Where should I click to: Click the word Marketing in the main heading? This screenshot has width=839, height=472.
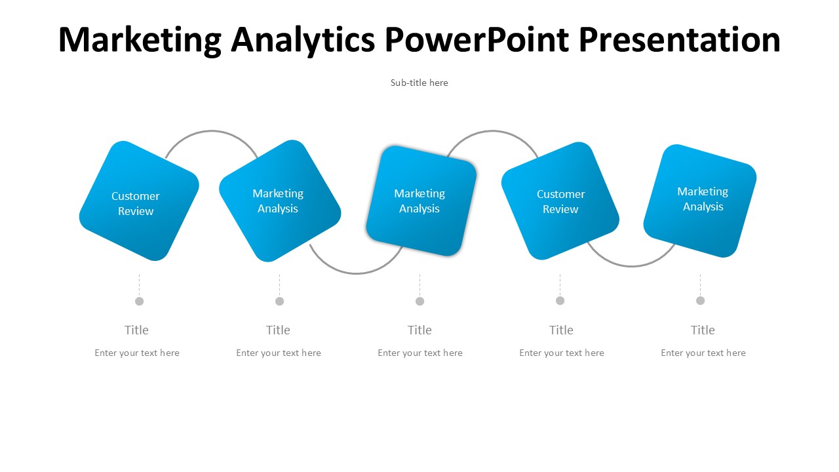coord(140,41)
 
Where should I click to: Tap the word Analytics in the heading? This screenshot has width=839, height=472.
coord(303,41)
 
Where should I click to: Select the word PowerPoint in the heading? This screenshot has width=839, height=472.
coord(477,39)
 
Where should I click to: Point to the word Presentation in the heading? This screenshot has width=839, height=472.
coord(680,39)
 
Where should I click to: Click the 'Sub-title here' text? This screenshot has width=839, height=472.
coord(419,83)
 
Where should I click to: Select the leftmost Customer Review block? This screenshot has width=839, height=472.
coord(139,201)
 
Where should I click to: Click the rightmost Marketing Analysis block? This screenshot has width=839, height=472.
coord(699,201)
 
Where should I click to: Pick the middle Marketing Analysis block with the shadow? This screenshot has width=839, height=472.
coord(421,201)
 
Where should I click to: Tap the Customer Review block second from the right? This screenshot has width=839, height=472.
coord(560,201)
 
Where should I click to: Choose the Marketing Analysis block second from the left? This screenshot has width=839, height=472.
coord(280,201)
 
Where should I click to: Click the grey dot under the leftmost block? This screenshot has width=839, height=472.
coord(140,301)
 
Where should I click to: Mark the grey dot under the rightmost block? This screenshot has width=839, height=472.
coord(701,301)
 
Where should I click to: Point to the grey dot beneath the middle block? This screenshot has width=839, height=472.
coord(420,301)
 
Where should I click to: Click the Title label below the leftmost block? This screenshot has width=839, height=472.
coord(136,330)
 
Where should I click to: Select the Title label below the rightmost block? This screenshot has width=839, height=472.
coord(703,330)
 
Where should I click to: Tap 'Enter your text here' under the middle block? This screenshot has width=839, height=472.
coord(420,353)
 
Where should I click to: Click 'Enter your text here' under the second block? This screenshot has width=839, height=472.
coord(279,353)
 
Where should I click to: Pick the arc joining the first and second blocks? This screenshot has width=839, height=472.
coord(212,131)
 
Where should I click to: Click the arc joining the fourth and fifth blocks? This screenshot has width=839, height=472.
coord(631,266)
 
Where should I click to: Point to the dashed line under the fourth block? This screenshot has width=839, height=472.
coord(560,285)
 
